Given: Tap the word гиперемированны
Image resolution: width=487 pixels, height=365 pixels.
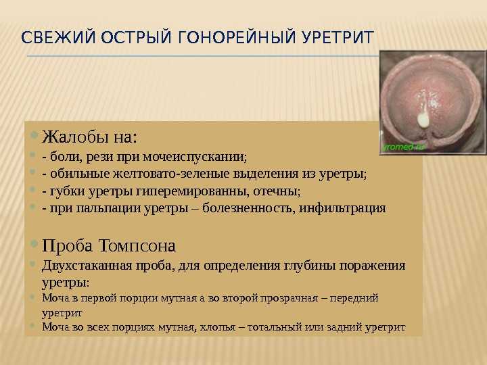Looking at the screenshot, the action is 192,192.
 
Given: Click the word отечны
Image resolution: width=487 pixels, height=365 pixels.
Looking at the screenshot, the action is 277,191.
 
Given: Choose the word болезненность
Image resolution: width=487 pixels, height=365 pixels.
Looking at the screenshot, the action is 248,208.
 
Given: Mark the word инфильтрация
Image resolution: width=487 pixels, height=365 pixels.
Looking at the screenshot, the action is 342,209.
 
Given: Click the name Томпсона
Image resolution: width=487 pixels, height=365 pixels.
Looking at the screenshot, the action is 137,246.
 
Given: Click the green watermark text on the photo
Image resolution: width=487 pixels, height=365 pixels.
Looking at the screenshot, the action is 404,147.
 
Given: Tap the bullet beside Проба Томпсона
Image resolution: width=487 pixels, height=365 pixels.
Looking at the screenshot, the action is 34,243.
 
